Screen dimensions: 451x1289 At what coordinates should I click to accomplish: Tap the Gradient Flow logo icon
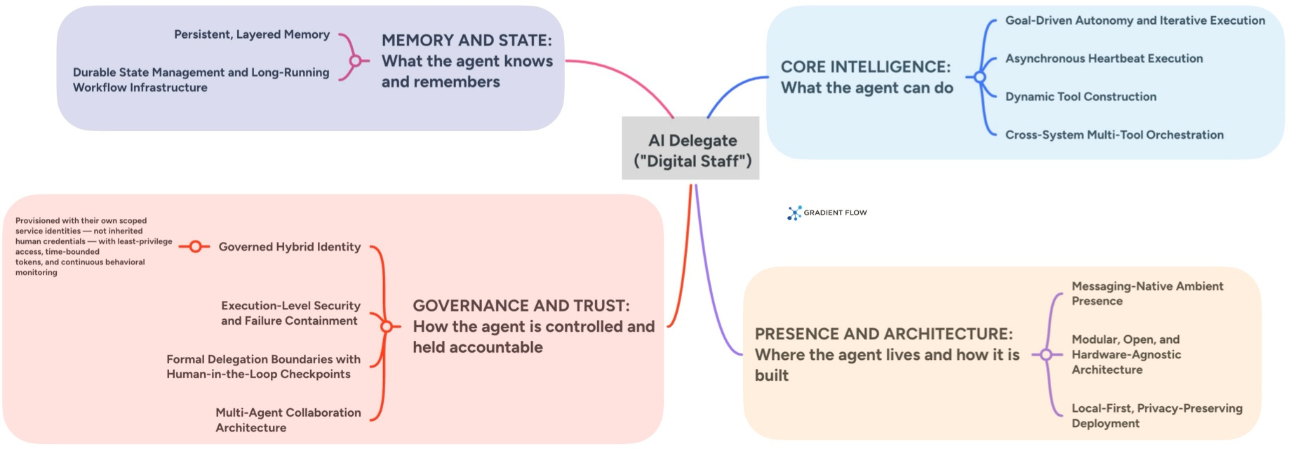pyautogui.click(x=794, y=213)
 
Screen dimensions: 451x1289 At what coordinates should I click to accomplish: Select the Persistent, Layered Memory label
pyautogui.click(x=251, y=34)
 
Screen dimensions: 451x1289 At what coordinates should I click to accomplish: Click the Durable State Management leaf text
pyautogui.click(x=201, y=80)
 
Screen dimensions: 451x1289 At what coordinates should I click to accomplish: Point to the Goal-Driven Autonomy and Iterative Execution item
pyautogui.click(x=1135, y=21)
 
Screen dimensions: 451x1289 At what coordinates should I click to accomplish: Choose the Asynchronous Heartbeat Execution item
pyautogui.click(x=1104, y=59)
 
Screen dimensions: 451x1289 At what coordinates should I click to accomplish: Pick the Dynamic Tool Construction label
pyautogui.click(x=1081, y=97)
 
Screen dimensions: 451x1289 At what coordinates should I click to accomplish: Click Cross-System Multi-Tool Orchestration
pyautogui.click(x=1114, y=135)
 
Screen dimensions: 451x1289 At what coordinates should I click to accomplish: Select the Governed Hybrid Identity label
pyautogui.click(x=289, y=247)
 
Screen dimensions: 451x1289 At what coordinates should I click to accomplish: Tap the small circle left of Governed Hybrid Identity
pyautogui.click(x=196, y=247)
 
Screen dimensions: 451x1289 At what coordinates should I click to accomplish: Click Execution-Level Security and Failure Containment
pyautogui.click(x=290, y=314)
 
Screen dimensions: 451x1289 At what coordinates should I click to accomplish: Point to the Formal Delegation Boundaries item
pyautogui.click(x=263, y=367)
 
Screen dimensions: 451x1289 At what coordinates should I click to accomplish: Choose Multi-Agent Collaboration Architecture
pyautogui.click(x=288, y=420)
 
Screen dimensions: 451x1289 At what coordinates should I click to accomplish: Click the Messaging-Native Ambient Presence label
pyautogui.click(x=1147, y=294)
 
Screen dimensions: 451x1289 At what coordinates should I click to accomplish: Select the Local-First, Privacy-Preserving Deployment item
pyautogui.click(x=1156, y=416)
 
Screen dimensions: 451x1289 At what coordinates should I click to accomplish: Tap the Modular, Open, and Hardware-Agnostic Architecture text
pyautogui.click(x=1126, y=355)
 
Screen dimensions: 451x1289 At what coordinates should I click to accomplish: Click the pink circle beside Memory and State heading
pyautogui.click(x=356, y=61)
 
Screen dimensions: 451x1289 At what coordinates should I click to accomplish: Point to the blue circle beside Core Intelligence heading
pyautogui.click(x=980, y=77)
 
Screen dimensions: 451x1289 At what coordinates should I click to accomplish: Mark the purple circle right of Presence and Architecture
pyautogui.click(x=1046, y=355)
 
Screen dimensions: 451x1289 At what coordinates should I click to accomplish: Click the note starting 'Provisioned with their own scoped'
pyautogui.click(x=93, y=246)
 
